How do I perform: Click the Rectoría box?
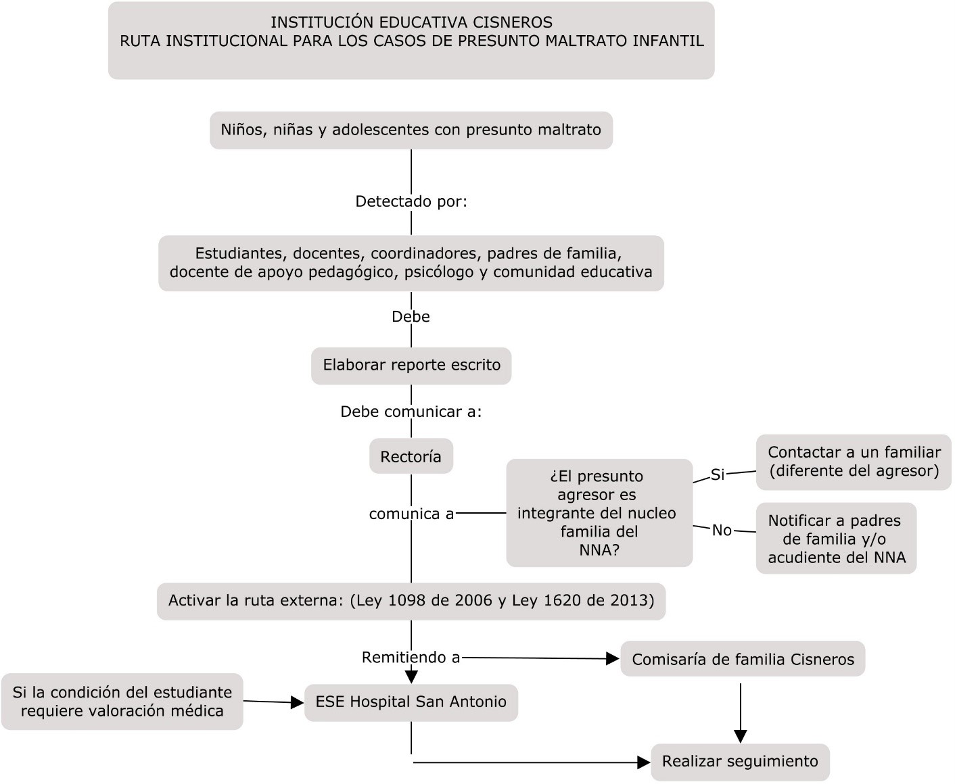pos(411,456)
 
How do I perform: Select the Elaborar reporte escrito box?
pos(411,366)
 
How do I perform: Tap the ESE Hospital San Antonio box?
pos(411,703)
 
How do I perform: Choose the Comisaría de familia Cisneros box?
pos(743,659)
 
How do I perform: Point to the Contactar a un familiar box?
pos(854,462)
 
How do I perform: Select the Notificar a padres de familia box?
pos(837,539)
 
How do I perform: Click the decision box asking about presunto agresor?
pos(599,513)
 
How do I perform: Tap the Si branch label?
pos(718,474)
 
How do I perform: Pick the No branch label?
pos(722,530)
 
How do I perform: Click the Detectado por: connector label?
pos(411,201)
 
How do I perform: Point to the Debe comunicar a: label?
pos(411,411)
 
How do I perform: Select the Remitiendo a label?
pos(411,657)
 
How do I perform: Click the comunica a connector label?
pos(411,514)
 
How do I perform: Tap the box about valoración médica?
pos(122,702)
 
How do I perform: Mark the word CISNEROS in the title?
pos(513,22)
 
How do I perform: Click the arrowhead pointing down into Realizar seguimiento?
pos(741,737)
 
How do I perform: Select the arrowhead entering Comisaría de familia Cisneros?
pos(613,659)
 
